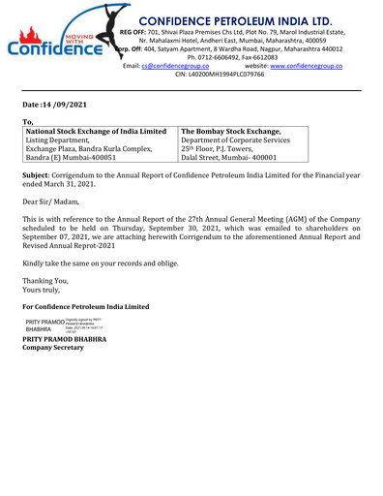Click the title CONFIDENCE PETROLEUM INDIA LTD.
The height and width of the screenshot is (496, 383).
click(x=243, y=16)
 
